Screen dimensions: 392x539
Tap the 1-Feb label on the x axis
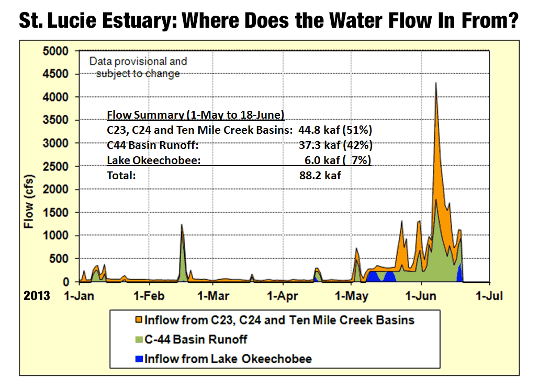149,296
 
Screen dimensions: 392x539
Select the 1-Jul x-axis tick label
488,296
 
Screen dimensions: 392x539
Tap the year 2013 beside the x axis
37,296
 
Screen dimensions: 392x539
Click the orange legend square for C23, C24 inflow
139,319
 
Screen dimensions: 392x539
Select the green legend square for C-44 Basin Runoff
139,339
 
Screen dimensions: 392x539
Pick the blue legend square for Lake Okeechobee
139,359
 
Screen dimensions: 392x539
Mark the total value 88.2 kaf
320,176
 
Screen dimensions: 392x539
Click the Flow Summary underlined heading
195,115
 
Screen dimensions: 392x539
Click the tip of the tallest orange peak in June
435,83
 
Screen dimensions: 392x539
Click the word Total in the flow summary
121,176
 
